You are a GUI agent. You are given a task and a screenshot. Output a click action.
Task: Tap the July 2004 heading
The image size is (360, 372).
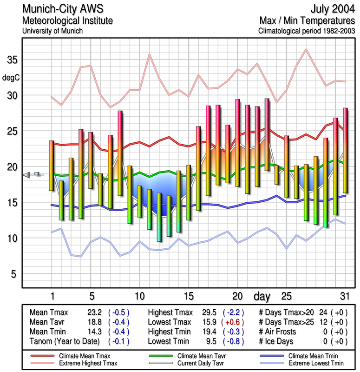tap(331, 9)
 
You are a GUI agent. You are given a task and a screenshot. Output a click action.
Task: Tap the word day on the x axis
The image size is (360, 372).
tap(263, 296)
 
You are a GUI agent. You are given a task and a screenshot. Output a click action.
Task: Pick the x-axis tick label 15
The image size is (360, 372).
tap(189, 296)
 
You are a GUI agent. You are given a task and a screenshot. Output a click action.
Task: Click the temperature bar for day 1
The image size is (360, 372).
tap(52, 166)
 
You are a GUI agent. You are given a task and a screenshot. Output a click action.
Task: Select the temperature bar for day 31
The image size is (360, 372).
tap(345, 150)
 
